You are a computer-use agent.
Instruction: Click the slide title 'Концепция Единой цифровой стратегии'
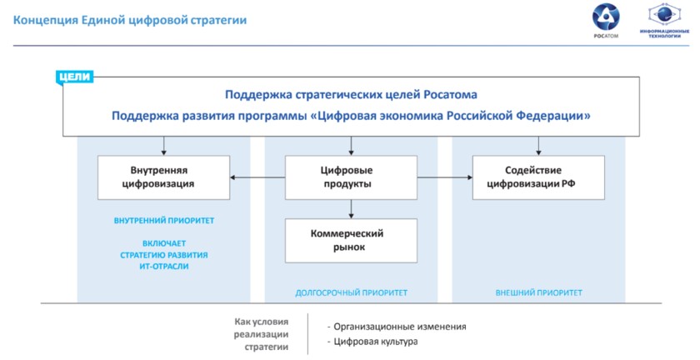(129, 19)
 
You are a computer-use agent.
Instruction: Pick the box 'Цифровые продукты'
(351, 177)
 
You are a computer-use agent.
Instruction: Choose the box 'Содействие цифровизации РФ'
(537, 177)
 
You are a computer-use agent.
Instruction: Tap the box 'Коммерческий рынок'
(351, 240)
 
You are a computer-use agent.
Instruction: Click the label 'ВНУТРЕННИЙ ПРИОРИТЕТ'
(164, 222)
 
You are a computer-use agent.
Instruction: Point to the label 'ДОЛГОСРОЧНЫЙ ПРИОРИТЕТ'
(351, 292)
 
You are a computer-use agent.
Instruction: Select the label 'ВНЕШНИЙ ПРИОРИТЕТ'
(538, 292)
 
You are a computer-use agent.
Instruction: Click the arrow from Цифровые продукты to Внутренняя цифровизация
(257, 177)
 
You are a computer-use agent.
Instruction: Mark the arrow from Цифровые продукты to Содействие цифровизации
(444, 177)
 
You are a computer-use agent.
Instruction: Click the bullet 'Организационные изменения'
(396, 327)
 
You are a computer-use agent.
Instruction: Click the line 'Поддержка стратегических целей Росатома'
(351, 95)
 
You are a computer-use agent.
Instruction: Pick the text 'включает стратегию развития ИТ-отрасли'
(164, 254)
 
